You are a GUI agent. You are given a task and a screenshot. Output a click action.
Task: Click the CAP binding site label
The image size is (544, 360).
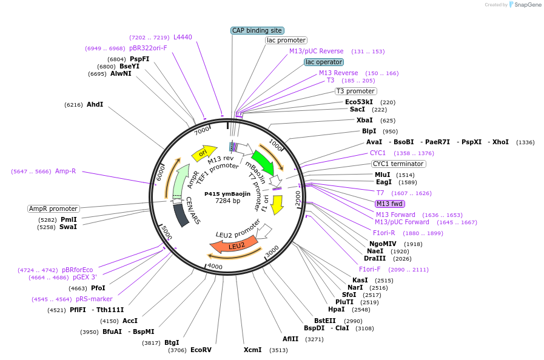pyautogui.click(x=257, y=30)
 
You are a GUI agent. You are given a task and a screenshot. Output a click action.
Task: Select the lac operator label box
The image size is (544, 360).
pyautogui.click(x=324, y=62)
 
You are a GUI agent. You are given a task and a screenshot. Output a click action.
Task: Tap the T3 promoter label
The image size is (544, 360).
pyautogui.click(x=355, y=92)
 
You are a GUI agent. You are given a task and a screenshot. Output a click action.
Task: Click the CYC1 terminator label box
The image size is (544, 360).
pyautogui.click(x=398, y=164)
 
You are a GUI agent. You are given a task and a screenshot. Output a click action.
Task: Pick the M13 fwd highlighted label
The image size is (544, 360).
pyautogui.click(x=389, y=204)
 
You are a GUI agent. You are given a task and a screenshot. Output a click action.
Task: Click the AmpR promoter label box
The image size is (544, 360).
pyautogui.click(x=53, y=208)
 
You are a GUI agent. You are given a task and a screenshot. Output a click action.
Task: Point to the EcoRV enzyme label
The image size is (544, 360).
pyautogui.click(x=201, y=350)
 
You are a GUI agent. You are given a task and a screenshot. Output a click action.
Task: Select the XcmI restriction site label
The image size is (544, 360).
pyautogui.click(x=252, y=350)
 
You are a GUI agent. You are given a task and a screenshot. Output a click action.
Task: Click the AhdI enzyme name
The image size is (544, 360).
pyautogui.click(x=95, y=104)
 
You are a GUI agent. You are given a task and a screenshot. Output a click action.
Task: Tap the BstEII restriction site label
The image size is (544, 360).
pyautogui.click(x=324, y=321)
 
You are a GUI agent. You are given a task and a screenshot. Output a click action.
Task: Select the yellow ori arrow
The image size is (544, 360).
pyautogui.click(x=204, y=153)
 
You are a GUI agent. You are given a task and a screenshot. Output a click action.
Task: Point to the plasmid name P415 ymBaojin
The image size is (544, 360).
pyautogui.click(x=227, y=194)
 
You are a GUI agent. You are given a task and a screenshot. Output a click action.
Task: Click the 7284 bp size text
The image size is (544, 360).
pyautogui.click(x=227, y=201)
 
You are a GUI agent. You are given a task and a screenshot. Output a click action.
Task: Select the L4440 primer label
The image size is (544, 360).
pyautogui.click(x=183, y=37)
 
